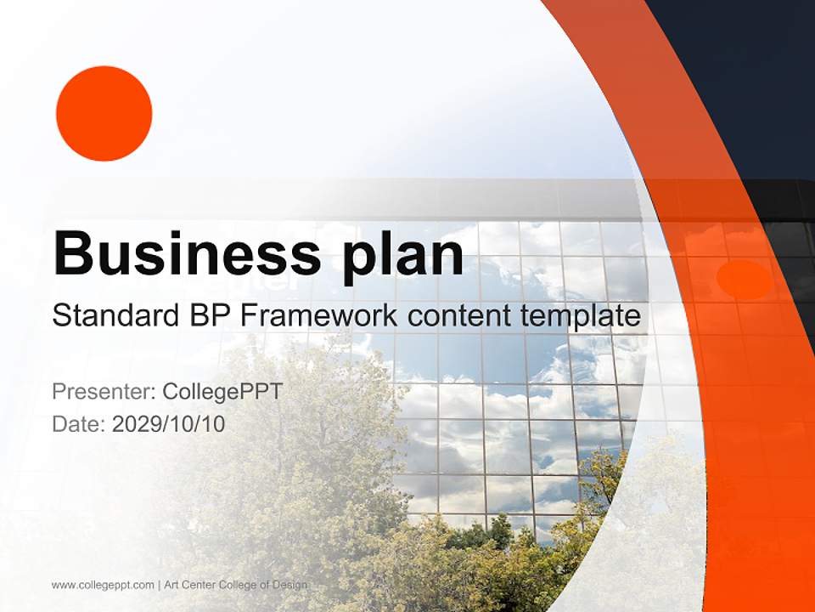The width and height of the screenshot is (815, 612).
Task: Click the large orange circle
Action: click(104, 113)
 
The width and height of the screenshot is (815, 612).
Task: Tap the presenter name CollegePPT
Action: click(222, 392)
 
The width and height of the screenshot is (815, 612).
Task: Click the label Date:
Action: click(79, 423)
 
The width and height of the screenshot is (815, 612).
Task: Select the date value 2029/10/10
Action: click(169, 423)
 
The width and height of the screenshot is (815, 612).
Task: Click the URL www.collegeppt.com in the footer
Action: click(103, 585)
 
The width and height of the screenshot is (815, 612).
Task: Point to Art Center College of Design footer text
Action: click(236, 585)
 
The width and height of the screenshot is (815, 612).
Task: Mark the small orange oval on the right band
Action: click(744, 280)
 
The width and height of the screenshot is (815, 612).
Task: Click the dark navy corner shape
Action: click(747, 76)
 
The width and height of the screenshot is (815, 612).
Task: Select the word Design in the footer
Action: click(291, 585)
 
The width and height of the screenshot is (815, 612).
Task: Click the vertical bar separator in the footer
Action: click(160, 585)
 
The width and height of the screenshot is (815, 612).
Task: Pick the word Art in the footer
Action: click(172, 585)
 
